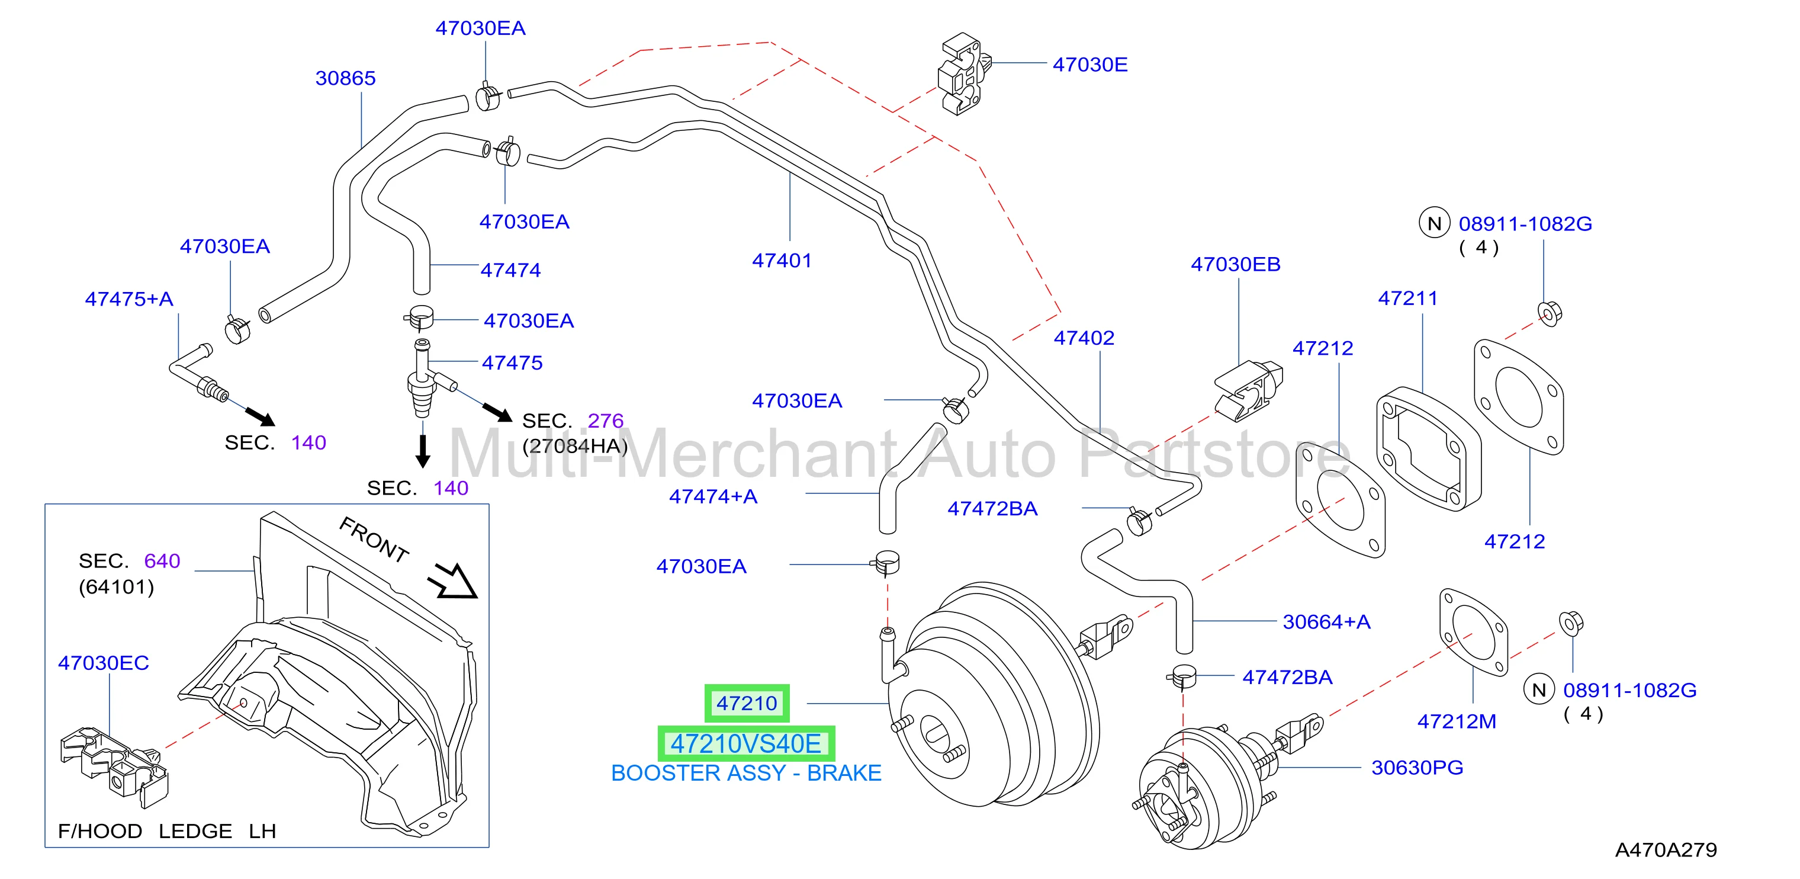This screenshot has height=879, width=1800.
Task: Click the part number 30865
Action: pos(345,78)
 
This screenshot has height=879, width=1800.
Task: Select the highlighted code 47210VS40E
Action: pos(745,744)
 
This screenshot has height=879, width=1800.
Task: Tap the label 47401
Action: pos(782,261)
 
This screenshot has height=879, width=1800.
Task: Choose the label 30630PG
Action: pos(1417,768)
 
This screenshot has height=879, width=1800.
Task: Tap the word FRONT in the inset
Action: pos(374,540)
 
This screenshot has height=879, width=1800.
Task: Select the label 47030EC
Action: pos(104,663)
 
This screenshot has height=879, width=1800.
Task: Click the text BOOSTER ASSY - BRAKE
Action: pos(745,774)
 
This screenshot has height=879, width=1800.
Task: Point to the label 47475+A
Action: pos(129,299)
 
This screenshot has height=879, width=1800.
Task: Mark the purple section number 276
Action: pos(605,421)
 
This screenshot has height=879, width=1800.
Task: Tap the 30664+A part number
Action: pos(1326,622)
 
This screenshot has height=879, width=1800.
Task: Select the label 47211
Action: pos(1407,299)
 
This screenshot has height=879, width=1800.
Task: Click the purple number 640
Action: pos(162,561)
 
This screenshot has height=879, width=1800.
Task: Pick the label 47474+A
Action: pos(713,496)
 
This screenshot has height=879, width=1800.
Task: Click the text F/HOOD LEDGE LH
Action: pos(167,832)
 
